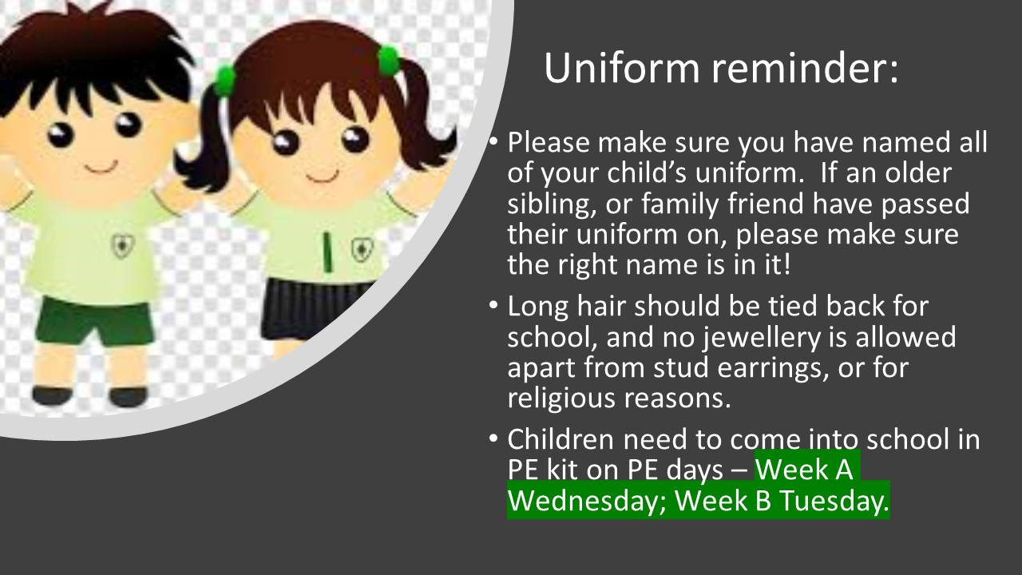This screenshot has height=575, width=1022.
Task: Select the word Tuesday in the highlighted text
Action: pos(834,500)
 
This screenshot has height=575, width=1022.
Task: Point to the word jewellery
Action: pos(761,338)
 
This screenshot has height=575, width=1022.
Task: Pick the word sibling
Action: pos(553,204)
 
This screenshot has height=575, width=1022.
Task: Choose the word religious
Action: pos(562,399)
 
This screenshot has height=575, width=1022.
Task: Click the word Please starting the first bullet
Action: pos(549,142)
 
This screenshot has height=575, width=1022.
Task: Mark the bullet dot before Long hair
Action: pos(493,304)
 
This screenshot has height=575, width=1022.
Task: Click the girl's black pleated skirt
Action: pos(314,307)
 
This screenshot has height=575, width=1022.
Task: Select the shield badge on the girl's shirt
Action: pos(362,249)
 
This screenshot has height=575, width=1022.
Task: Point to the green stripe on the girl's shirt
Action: pos(327,252)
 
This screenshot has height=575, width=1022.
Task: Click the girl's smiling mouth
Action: pos(323,176)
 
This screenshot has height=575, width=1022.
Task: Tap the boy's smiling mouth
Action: pos(101,168)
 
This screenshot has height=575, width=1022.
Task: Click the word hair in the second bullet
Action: pos(601,305)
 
